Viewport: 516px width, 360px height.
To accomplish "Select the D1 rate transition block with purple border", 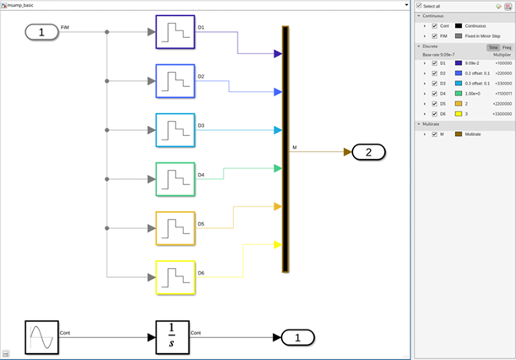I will tap(176, 33).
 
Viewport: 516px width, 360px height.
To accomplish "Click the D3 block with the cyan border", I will tap(176, 130).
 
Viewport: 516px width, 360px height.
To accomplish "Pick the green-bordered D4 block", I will tap(176, 179).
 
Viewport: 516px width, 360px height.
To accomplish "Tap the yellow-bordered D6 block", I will tap(176, 277).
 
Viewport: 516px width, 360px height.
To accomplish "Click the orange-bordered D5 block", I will tap(176, 228).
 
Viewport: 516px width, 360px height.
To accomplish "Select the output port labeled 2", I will tap(368, 152).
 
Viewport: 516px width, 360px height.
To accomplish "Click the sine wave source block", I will tap(41, 337).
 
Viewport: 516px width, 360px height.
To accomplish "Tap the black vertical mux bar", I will tap(286, 149).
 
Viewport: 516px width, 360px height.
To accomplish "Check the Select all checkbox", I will tap(420, 6).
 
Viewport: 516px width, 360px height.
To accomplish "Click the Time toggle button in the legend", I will tap(492, 47).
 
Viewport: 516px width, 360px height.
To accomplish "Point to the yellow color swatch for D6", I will tap(458, 112).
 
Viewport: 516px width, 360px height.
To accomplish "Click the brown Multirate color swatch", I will tap(458, 134).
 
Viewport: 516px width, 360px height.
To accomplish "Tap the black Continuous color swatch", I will tap(458, 25).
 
